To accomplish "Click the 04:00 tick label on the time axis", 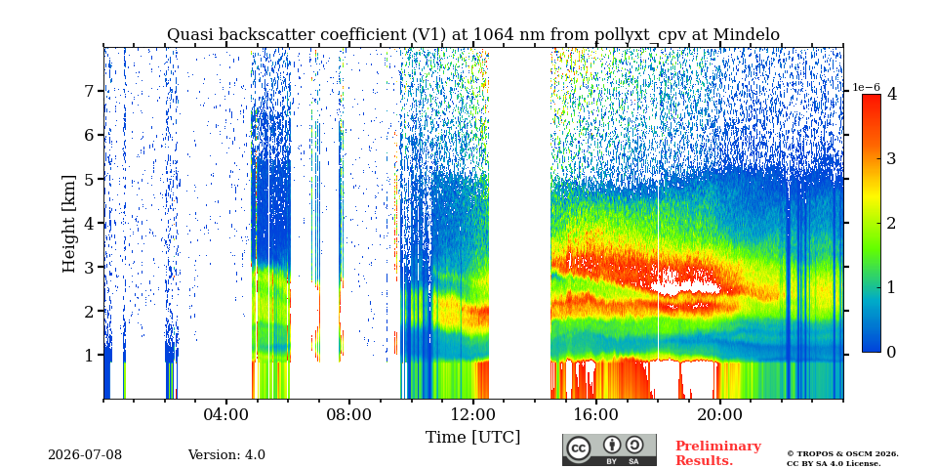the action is [x=226, y=414].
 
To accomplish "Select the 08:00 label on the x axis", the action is [x=349, y=414].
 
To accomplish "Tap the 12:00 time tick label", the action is [x=472, y=414].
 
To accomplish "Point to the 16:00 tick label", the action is [x=596, y=414].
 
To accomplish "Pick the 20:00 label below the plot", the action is [x=719, y=414].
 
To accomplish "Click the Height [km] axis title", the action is [x=70, y=224].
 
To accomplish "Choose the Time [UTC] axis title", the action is [x=472, y=438].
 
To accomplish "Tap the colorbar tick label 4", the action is [x=891, y=94].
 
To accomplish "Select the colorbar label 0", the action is [x=891, y=353].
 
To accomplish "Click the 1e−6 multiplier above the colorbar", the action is [x=867, y=87].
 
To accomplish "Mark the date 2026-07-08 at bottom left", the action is [x=85, y=455].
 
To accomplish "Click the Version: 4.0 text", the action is [x=226, y=455].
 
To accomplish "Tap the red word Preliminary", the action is [x=718, y=447].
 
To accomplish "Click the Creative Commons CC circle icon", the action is [x=578, y=448].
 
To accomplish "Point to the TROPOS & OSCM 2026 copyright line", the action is [x=842, y=454].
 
